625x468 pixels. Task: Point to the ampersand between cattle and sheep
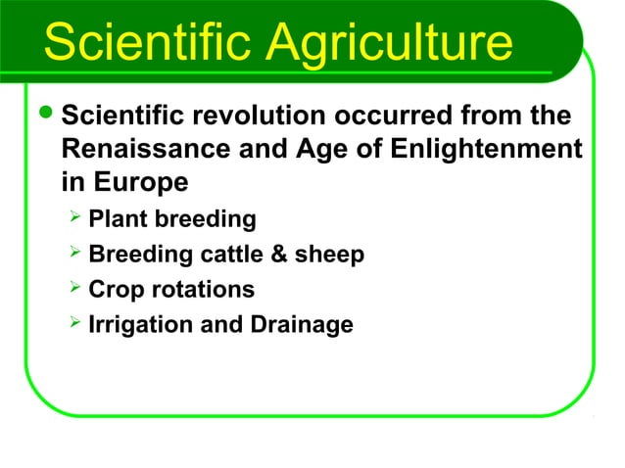pos(279,255)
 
